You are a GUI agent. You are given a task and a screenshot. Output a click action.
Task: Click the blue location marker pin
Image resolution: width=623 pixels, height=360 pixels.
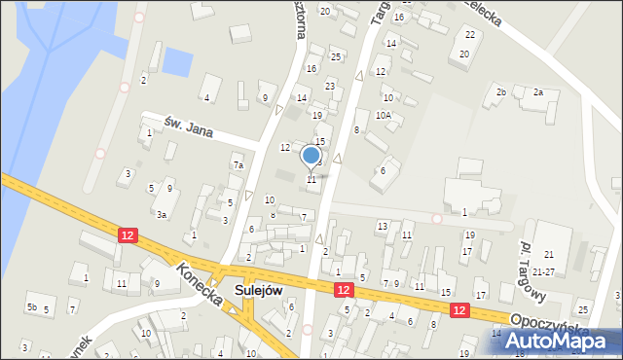pyautogui.click(x=311, y=156)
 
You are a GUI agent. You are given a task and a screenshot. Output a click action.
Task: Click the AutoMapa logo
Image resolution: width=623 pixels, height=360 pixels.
pyautogui.click(x=559, y=342)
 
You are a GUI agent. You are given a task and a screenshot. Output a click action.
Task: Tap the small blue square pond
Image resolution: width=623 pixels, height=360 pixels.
pyautogui.click(x=178, y=62)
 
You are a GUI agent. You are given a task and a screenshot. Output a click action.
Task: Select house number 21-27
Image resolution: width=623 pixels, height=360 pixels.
pyautogui.click(x=549, y=271)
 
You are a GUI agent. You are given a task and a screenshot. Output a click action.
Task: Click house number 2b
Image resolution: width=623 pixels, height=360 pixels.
pyautogui.click(x=501, y=92)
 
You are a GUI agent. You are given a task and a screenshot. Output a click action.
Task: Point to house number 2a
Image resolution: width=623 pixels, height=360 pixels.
pyautogui.click(x=537, y=92)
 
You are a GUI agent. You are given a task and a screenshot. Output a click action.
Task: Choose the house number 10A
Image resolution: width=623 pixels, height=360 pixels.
pyautogui.click(x=385, y=115)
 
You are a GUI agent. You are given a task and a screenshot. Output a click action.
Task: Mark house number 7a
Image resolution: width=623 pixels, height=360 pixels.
pyautogui.click(x=238, y=166)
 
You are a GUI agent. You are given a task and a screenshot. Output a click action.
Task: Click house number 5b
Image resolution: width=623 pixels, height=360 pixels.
pyautogui.click(x=32, y=308)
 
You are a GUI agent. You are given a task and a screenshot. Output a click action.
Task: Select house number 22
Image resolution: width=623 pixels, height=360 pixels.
pyautogui.click(x=470, y=35)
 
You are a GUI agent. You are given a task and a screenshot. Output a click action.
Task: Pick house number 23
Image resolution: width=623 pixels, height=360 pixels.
pyautogui.click(x=330, y=87)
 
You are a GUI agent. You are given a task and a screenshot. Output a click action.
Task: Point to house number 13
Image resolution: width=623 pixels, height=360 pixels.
pyautogui.click(x=382, y=226)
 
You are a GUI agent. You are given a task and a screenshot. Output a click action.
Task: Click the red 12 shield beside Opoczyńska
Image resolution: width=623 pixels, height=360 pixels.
pyautogui.click(x=459, y=308)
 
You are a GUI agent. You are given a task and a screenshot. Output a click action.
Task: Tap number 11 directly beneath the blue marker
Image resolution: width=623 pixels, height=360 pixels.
pyautogui.click(x=311, y=180)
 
